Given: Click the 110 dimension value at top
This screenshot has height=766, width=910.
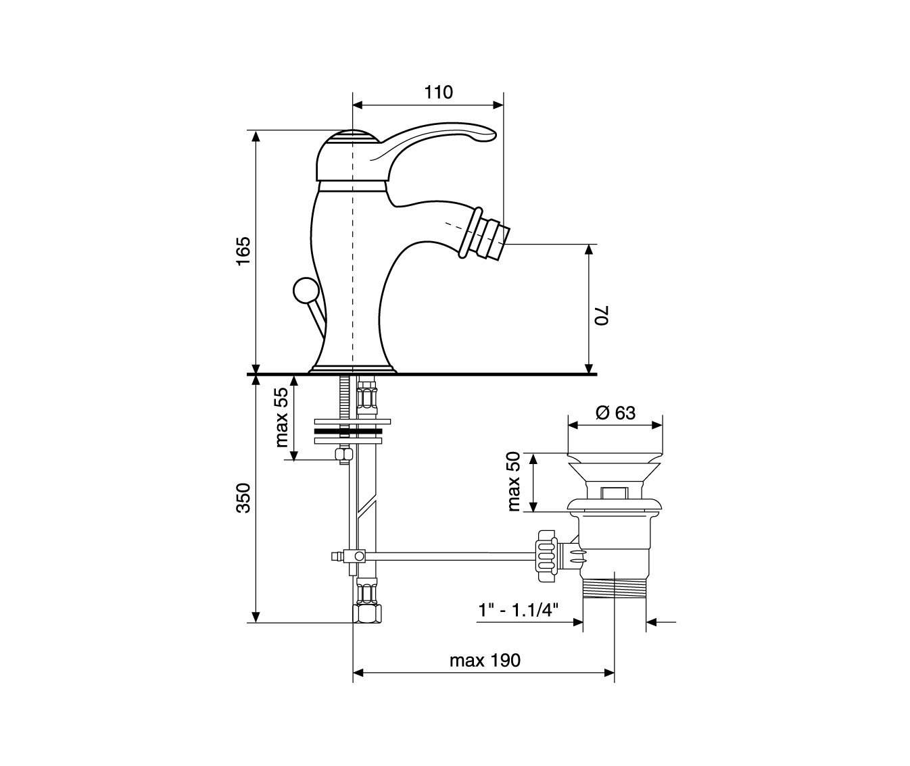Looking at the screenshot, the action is tap(439, 93).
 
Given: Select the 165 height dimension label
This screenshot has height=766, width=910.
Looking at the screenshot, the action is tap(244, 251).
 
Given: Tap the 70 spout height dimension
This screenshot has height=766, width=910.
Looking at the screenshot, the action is tap(602, 315).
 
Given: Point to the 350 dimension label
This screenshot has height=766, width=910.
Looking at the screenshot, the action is tap(244, 498).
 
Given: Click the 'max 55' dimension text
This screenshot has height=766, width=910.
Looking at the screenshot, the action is tap(283, 417).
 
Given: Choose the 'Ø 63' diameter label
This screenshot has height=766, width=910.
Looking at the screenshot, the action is tap(615, 413).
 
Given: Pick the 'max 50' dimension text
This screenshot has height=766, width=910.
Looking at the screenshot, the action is tap(514, 481).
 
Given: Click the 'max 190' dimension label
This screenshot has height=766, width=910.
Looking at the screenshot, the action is tap(485, 661).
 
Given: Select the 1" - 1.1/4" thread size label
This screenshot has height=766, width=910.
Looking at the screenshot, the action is tap(518, 610).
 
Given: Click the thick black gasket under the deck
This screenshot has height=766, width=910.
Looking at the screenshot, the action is tap(348, 432).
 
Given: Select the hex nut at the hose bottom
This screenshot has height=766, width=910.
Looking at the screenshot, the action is tap(366, 612).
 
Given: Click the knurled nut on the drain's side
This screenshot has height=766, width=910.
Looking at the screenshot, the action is tap(548, 556).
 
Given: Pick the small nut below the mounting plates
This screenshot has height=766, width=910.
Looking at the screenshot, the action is tap(343, 455).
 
